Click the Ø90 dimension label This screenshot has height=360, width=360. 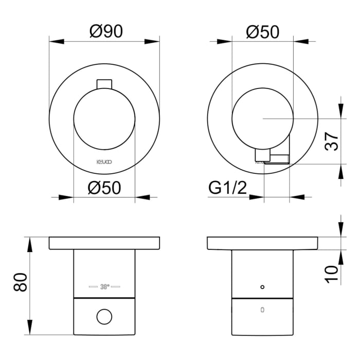coord(105,32)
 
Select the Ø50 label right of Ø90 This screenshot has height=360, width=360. coord(262,32)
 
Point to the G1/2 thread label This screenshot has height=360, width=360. coord(228,188)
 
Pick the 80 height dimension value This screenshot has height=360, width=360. coord(19,282)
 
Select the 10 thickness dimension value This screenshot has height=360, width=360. coord(333,271)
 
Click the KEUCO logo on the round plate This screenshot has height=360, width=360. coord(104,161)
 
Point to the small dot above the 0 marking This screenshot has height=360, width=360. coord(262,286)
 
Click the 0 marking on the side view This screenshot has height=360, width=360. coord(262,310)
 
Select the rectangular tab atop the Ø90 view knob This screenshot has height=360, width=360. coord(104,84)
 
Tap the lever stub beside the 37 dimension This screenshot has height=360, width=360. coord(263,155)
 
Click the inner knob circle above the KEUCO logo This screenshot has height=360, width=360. coord(104,119)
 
